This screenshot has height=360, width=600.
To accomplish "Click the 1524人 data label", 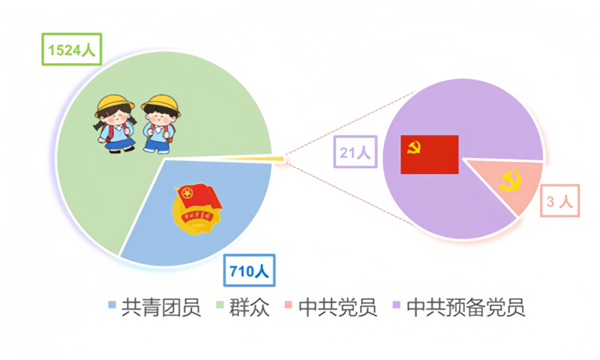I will click(x=72, y=49).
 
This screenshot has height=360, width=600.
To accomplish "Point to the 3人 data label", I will click(x=559, y=201).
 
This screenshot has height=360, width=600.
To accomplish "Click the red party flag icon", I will click(x=430, y=154).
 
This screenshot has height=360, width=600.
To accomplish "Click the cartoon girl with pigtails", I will click(x=115, y=123).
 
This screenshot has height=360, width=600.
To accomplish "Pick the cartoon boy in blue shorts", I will click(x=160, y=123).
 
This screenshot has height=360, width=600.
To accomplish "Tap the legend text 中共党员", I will click(x=338, y=307).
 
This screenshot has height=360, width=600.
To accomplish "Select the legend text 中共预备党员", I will click(x=466, y=307).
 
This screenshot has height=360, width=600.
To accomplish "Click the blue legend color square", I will click(x=112, y=305).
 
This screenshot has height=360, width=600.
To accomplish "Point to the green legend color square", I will click(x=219, y=305).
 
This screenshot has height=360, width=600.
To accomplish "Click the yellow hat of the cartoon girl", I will click(x=115, y=104).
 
